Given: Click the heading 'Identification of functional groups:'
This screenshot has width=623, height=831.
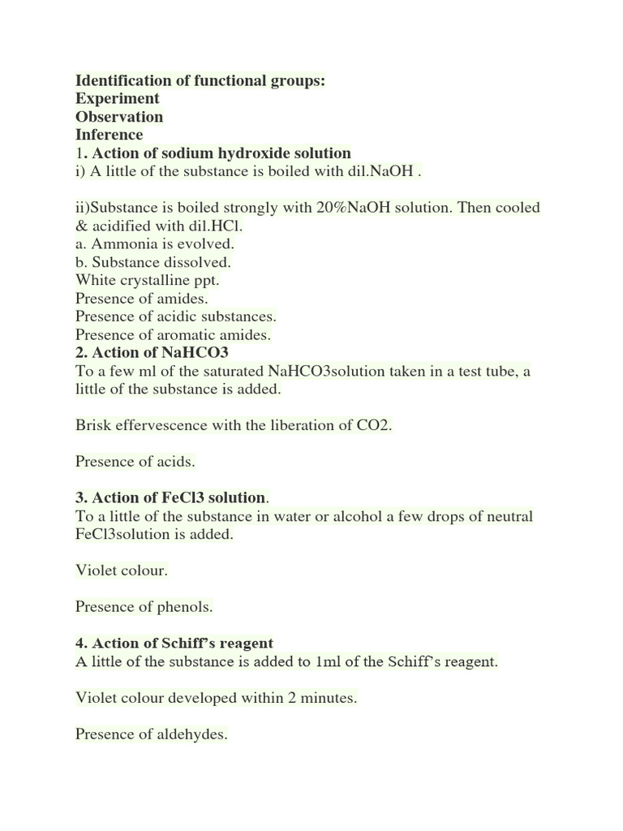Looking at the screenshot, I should [200, 81].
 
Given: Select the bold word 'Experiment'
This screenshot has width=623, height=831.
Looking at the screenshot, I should [118, 99].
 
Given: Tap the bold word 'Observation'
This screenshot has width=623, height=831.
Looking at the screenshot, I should [119, 117].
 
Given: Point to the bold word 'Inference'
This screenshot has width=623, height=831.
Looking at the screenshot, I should [109, 135].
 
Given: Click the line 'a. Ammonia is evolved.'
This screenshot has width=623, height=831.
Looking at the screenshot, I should [154, 243].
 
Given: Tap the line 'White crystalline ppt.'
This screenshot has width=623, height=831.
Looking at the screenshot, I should [148, 280].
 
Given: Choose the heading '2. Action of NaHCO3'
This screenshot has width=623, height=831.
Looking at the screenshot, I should [153, 352].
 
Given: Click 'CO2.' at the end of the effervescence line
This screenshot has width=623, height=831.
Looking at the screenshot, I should [374, 425].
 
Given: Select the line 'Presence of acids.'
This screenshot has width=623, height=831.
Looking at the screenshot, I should [135, 462].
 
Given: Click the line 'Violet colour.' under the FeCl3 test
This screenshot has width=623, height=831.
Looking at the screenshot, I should [122, 571].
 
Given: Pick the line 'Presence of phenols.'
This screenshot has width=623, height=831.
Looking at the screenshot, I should [144, 606].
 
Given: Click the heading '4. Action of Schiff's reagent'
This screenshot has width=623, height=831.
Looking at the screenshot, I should [174, 644].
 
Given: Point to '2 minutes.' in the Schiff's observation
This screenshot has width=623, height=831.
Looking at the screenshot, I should [321, 698].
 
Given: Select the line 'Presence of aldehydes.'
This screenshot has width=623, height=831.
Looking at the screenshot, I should [152, 734].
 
